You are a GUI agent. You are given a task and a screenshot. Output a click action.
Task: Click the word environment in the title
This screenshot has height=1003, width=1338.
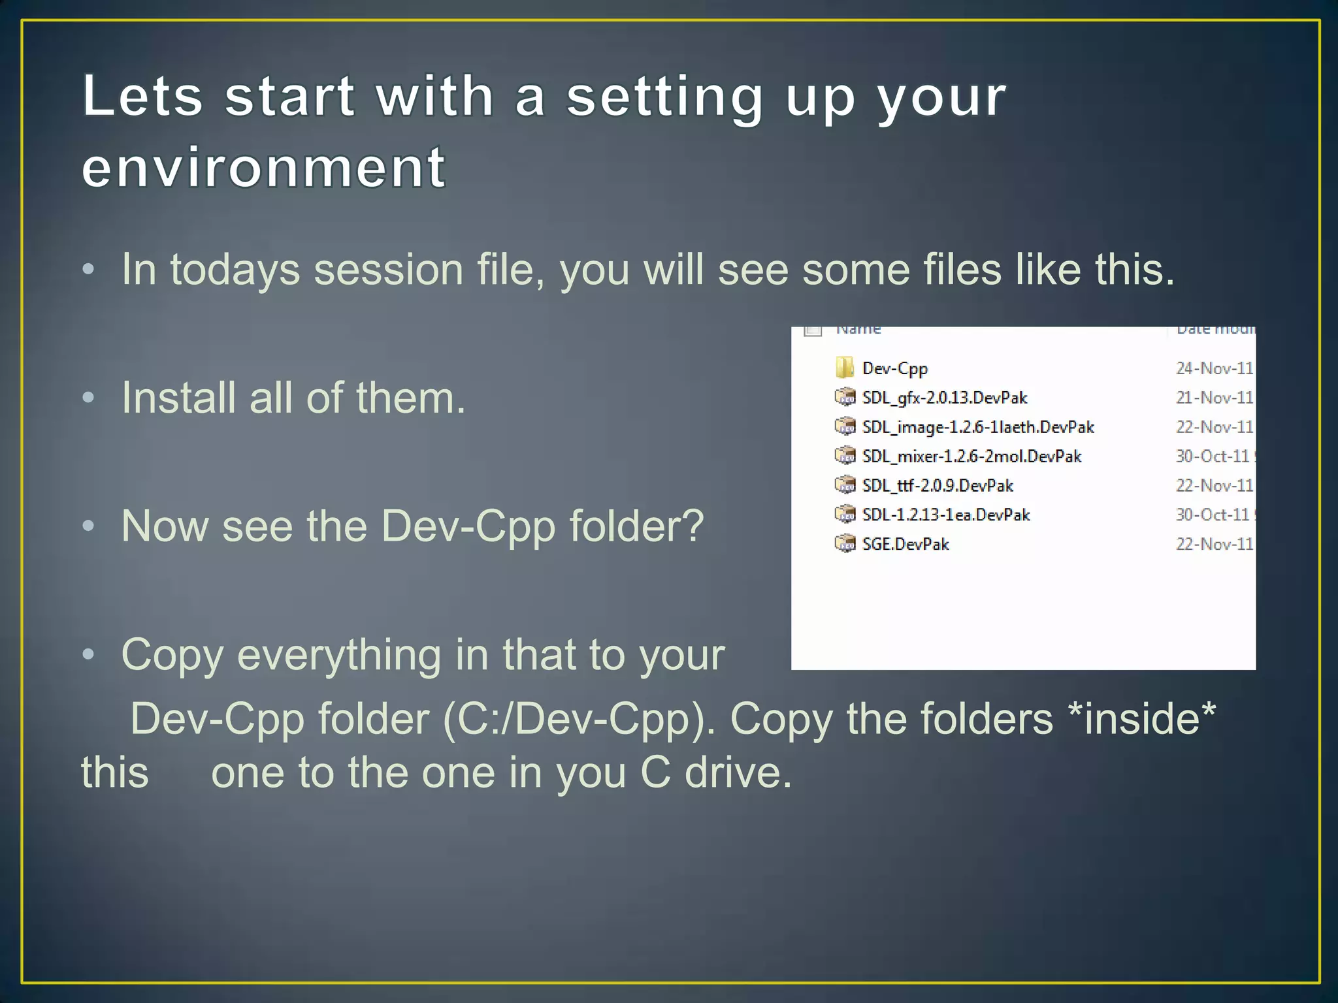tap(264, 168)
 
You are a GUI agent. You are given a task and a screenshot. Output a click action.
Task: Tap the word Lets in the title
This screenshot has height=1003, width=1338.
tap(142, 97)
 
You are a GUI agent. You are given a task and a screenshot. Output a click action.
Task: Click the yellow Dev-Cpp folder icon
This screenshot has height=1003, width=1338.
tap(844, 368)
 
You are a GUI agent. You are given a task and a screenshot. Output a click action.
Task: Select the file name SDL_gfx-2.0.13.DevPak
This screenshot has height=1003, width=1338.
tap(944, 398)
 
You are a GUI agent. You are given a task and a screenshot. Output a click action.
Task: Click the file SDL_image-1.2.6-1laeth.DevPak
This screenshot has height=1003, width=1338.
tap(978, 427)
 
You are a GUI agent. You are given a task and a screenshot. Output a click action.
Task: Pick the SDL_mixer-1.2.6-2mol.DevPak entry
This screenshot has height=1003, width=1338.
tap(971, 456)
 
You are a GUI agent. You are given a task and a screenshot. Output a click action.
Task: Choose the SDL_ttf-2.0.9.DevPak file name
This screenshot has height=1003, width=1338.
tap(938, 486)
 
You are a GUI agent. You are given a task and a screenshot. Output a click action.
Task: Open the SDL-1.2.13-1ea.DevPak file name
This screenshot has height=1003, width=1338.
tap(945, 515)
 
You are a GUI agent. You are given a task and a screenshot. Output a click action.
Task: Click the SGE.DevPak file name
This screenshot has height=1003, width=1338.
tap(906, 545)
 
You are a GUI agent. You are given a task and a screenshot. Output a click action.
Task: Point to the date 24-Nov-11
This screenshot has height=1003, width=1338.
tap(1214, 368)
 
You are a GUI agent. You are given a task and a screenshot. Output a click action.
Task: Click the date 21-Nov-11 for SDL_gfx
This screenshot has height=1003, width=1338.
tap(1214, 398)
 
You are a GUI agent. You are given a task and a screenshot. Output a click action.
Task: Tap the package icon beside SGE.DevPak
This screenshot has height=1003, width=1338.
tap(845, 543)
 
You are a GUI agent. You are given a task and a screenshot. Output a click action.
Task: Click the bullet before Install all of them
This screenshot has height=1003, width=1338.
tap(89, 398)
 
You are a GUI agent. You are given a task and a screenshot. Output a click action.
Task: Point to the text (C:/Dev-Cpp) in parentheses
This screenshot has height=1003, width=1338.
tap(579, 720)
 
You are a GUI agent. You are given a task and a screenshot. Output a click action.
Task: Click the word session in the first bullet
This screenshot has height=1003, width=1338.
tap(388, 270)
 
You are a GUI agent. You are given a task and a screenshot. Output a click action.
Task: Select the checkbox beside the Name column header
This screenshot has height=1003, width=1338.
tap(813, 330)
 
